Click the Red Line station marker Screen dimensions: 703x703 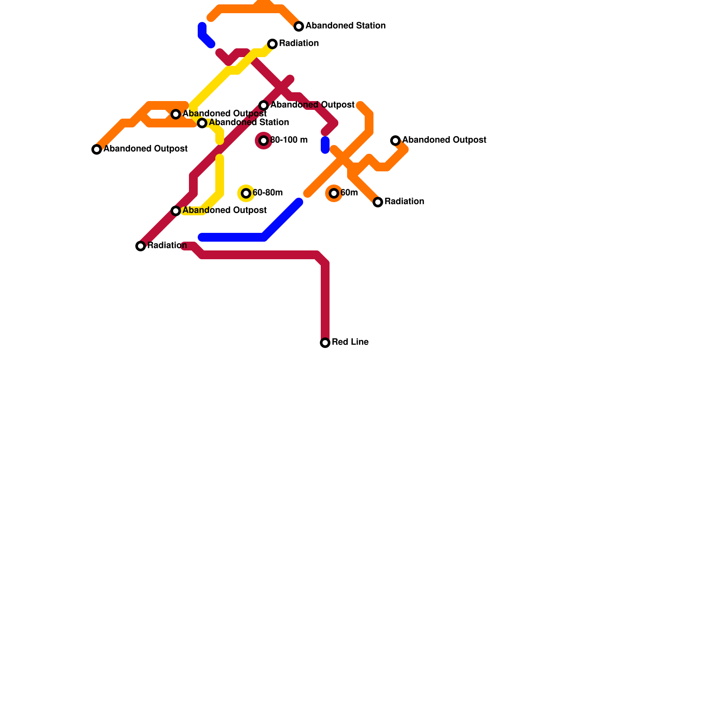point(325,343)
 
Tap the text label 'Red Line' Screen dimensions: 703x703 point(350,342)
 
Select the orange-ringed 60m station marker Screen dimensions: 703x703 point(334,193)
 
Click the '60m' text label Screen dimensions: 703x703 point(349,193)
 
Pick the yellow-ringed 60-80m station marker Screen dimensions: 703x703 point(246,193)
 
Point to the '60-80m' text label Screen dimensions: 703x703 point(267,193)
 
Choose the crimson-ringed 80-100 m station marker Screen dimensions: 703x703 point(264,141)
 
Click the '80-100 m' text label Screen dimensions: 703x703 point(289,140)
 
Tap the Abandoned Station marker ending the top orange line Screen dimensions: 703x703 point(299,26)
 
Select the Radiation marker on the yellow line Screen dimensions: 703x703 point(272,44)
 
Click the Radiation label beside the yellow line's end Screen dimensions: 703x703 point(298,43)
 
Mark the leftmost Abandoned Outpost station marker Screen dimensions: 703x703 point(97,149)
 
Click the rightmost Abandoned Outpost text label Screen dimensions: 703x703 point(444,140)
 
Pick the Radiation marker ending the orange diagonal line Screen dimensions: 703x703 point(378,202)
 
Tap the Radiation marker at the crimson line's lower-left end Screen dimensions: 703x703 point(141,246)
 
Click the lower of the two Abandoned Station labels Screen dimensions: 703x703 point(249,123)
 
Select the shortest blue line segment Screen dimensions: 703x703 point(325,145)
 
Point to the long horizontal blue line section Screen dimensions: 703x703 point(233,238)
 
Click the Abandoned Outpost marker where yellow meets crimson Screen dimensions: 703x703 point(176,211)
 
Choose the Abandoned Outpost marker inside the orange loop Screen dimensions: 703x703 point(176,114)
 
